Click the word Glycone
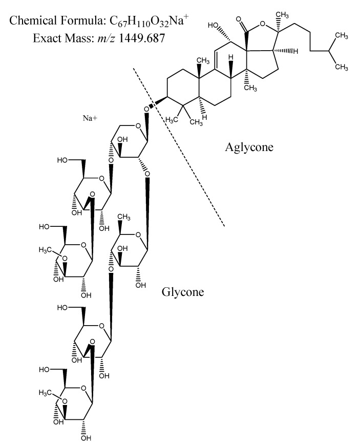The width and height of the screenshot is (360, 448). [x=183, y=292]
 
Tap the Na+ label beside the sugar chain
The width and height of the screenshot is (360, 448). [x=90, y=118]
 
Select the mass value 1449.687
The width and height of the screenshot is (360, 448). [x=142, y=38]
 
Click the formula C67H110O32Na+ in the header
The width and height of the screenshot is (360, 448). [x=149, y=21]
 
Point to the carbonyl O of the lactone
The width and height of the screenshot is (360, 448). [x=239, y=20]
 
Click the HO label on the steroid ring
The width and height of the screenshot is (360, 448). [x=213, y=26]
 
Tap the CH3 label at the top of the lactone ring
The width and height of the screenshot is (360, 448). [x=282, y=15]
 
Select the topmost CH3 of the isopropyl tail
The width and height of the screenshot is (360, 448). [x=342, y=36]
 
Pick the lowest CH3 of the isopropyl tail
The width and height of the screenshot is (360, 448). [x=342, y=67]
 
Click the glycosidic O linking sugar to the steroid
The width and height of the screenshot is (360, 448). [x=146, y=109]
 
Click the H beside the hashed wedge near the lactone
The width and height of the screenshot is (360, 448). [x=295, y=51]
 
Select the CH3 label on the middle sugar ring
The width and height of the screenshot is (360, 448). [x=124, y=217]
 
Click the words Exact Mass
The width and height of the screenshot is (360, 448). [x=63, y=38]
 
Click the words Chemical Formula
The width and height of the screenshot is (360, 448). [x=57, y=20]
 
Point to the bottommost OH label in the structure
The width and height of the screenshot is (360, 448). [x=86, y=438]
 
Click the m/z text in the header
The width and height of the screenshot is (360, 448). [x=106, y=38]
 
